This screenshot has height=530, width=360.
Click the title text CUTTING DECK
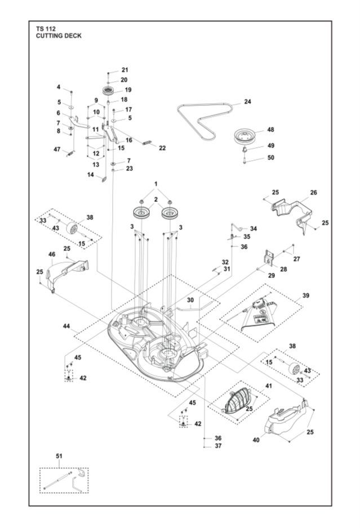pos(58,36)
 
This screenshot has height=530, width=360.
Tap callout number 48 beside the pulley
pos(270,129)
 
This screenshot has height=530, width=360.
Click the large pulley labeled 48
pos(246,136)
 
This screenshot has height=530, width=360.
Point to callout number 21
pos(125,69)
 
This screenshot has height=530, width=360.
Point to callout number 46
pos(52,255)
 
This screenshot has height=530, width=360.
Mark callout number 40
pos(256,439)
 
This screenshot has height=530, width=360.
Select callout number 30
pos(190,300)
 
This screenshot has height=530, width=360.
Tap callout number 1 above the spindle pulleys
pos(156,184)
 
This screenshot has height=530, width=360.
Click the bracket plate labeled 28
pos(269,257)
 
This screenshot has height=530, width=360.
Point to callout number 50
pos(270,157)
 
